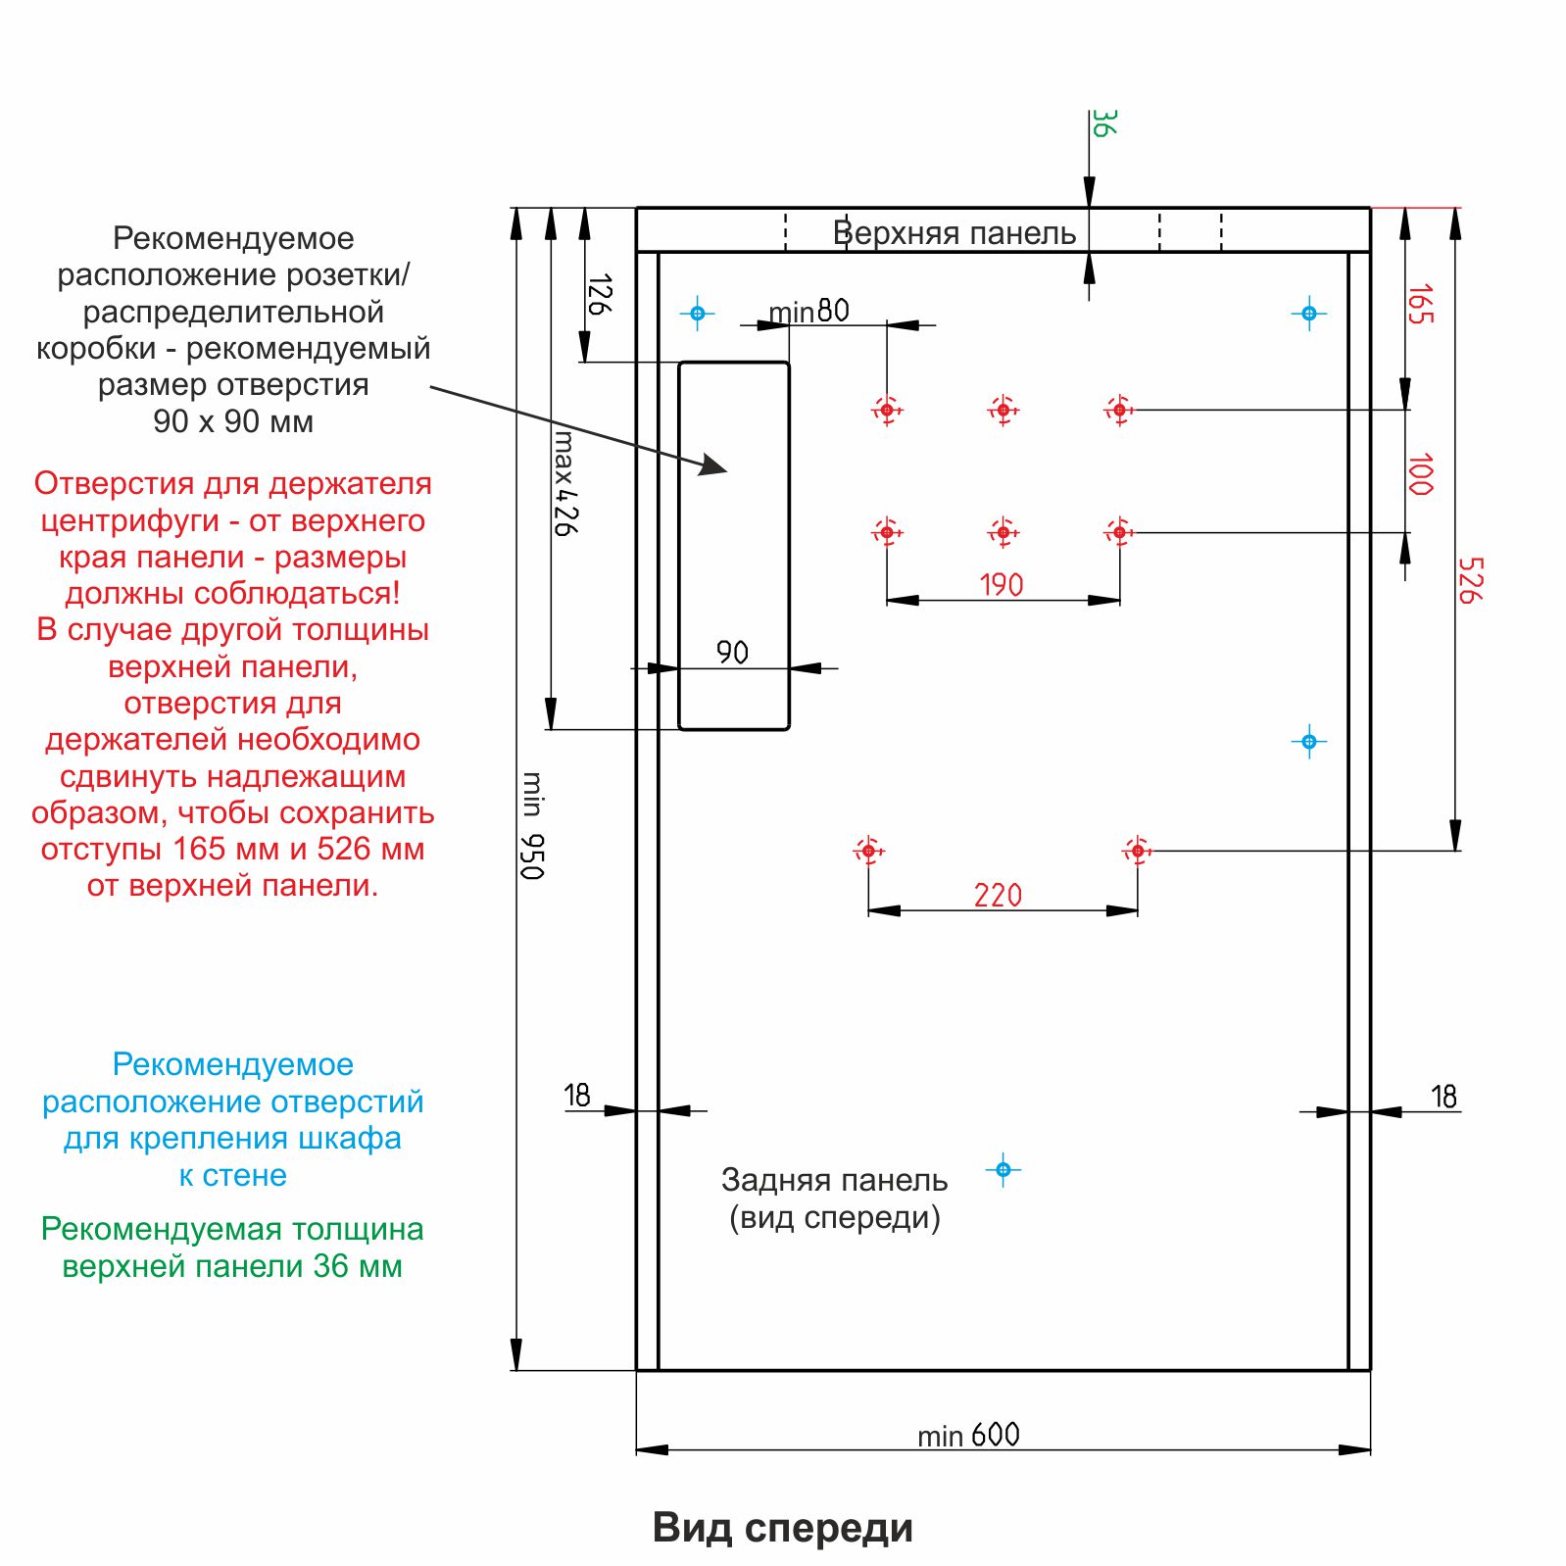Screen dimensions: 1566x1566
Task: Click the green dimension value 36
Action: [1102, 123]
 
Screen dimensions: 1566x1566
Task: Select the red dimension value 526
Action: [1470, 580]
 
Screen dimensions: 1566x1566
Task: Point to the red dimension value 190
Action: [1002, 585]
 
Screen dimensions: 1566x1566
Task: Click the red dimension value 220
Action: [998, 895]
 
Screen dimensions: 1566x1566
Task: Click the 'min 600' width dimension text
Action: [968, 1435]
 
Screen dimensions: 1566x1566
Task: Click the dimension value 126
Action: [600, 294]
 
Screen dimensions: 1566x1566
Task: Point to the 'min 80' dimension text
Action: [808, 312]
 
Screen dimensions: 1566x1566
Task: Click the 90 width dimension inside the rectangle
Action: [732, 652]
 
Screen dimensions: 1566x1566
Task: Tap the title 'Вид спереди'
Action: [782, 1528]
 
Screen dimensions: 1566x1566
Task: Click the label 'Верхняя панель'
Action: [954, 233]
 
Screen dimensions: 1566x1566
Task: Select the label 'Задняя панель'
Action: [834, 1180]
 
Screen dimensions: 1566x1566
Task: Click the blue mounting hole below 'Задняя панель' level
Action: [1003, 1169]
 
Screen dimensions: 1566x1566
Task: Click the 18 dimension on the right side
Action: [1444, 1096]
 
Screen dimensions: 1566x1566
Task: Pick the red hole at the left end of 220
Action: [868, 851]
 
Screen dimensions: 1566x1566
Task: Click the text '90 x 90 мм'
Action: [233, 421]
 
